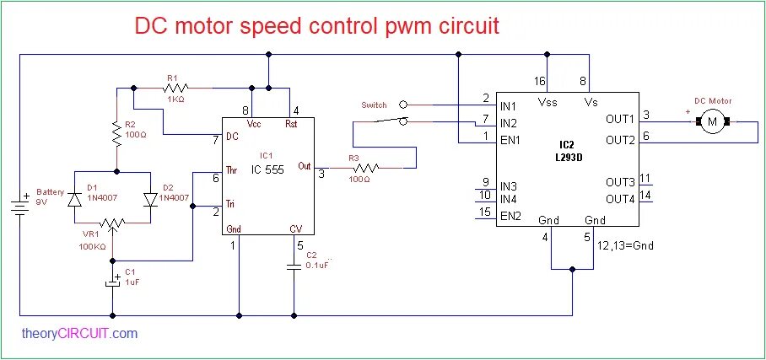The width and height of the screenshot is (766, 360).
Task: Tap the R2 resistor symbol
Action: coord(116,132)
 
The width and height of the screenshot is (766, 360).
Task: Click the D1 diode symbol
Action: coord(74,200)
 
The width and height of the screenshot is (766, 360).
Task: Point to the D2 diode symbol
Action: coord(150,200)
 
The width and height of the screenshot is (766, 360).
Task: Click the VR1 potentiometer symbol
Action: coord(113,224)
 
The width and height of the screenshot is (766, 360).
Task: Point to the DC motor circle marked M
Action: coord(711,123)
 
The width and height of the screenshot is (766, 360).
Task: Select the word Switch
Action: coord(374,105)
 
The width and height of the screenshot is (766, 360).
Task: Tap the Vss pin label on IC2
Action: coord(547,102)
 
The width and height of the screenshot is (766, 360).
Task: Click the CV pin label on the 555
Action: coord(295,229)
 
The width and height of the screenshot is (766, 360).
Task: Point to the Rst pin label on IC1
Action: coord(291,124)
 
